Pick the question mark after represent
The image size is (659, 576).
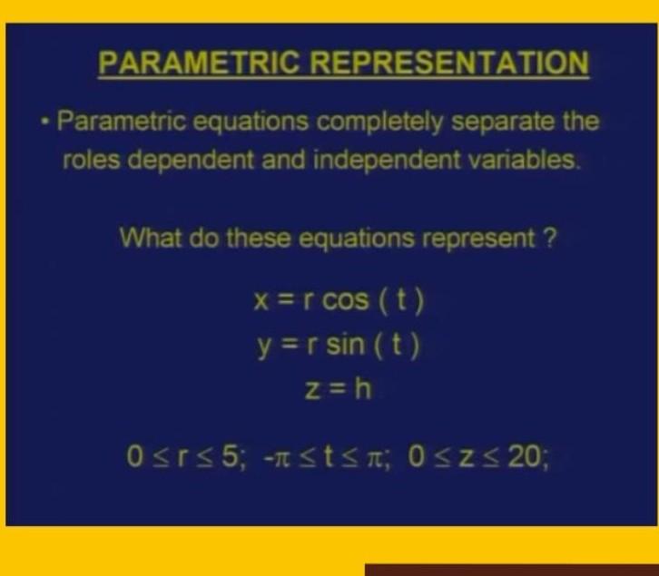(551, 239)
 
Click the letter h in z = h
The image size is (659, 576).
(362, 390)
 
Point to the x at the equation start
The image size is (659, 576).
(261, 301)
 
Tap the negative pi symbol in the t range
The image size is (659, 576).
(279, 454)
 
